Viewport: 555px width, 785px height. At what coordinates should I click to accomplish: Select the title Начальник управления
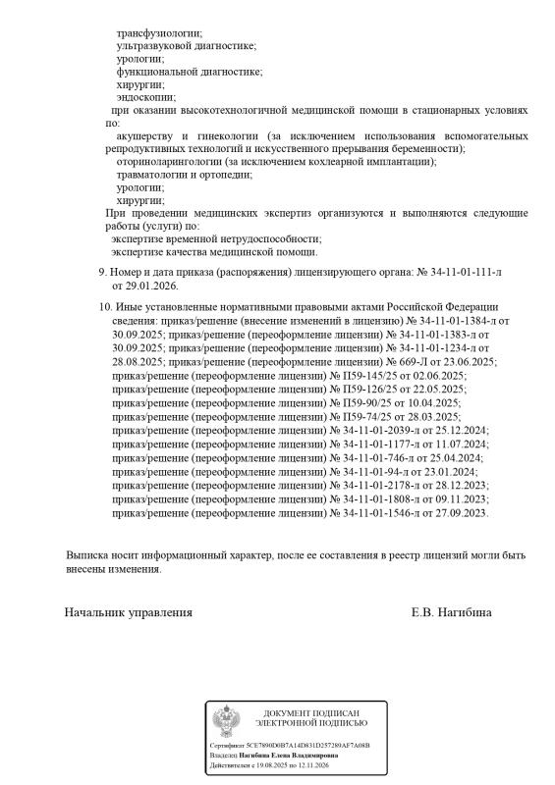(128, 612)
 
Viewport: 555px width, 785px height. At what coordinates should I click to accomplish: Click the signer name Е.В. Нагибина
(452, 612)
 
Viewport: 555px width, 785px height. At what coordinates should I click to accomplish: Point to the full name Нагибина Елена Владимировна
(287, 756)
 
